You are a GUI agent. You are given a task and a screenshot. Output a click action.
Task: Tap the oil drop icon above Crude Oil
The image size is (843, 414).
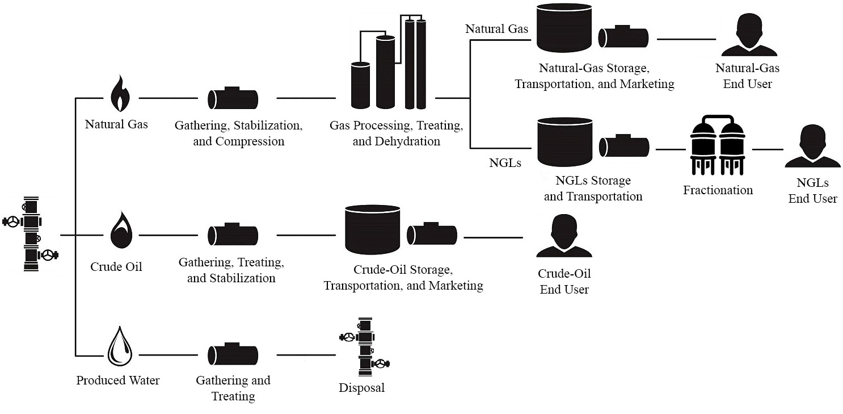[119, 231]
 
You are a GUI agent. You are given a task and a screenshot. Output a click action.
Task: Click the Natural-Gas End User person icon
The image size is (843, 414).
[747, 36]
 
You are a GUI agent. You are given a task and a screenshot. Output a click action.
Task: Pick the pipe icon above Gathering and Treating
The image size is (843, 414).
[233, 354]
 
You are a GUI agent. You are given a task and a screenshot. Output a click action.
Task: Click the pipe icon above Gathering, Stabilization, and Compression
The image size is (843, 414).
[233, 98]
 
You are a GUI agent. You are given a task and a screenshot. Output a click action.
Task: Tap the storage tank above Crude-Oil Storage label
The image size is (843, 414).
[373, 229]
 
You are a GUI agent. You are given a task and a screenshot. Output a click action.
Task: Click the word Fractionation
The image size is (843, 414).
[718, 190]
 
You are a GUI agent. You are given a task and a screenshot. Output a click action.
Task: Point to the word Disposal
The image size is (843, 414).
[361, 388]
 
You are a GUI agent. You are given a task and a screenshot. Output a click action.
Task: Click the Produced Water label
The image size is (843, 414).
[118, 380]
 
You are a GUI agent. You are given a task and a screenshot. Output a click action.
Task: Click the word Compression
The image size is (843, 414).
[250, 141]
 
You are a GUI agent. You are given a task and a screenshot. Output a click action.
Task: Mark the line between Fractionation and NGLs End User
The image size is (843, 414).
[767, 149]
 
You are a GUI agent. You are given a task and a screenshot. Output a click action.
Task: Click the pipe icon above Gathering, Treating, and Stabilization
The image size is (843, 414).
[233, 235]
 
